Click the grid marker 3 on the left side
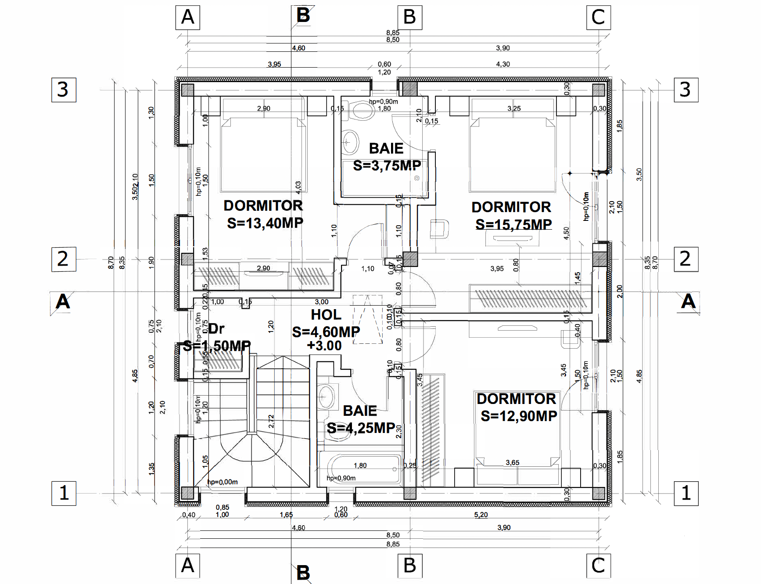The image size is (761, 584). pyautogui.click(x=64, y=90)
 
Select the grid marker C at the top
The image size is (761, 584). pyautogui.click(x=598, y=18)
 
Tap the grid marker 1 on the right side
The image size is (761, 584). pyautogui.click(x=686, y=493)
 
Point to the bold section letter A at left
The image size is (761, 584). pyautogui.click(x=63, y=302)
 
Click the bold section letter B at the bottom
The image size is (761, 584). pyautogui.click(x=303, y=573)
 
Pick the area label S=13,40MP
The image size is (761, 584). pyautogui.click(x=265, y=223)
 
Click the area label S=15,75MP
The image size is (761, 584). pyautogui.click(x=513, y=224)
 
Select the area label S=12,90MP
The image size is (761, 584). pyautogui.click(x=519, y=416)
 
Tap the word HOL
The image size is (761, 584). pyautogui.click(x=326, y=315)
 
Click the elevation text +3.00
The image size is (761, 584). pyautogui.click(x=324, y=346)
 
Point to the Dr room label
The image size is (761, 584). pyautogui.click(x=216, y=328)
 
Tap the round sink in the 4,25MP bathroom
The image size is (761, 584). pyautogui.click(x=326, y=397)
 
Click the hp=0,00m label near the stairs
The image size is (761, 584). pyautogui.click(x=223, y=482)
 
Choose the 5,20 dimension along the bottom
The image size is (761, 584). pyautogui.click(x=481, y=515)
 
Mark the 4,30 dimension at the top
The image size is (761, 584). pyautogui.click(x=503, y=64)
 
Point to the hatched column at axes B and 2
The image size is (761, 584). pyautogui.click(x=410, y=259)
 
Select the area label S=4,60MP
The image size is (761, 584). pyautogui.click(x=326, y=332)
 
